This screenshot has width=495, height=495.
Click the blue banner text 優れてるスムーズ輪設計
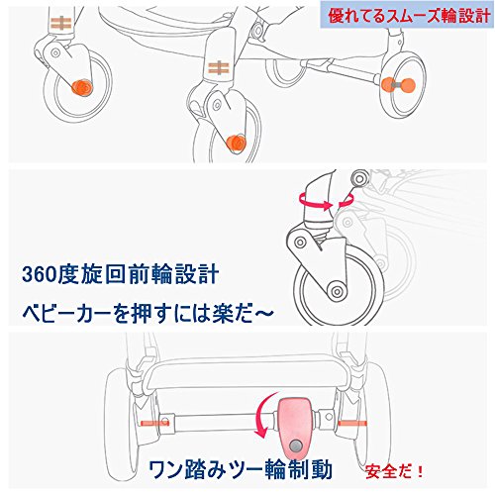[x=409, y=16]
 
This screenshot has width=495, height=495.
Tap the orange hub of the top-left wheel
[x=82, y=88]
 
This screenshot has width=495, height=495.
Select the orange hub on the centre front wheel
[x=237, y=144]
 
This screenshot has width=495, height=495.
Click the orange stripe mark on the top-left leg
[x=61, y=24]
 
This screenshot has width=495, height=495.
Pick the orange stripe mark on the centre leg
[x=219, y=68]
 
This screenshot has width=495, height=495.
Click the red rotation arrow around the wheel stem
[x=326, y=201]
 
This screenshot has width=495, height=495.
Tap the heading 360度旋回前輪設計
[x=120, y=274]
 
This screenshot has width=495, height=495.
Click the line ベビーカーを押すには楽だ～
[x=148, y=313]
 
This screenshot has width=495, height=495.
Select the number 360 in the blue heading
[x=39, y=275]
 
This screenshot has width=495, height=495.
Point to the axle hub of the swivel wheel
[x=337, y=292]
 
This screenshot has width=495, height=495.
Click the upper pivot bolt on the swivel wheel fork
[x=300, y=243]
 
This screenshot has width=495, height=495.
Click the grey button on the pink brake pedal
[x=295, y=446]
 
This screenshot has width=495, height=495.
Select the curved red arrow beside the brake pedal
[x=264, y=417]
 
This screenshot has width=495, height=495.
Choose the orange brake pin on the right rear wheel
[x=352, y=423]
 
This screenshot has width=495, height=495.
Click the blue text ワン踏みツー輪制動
[x=240, y=469]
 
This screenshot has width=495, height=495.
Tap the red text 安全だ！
[x=394, y=471]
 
